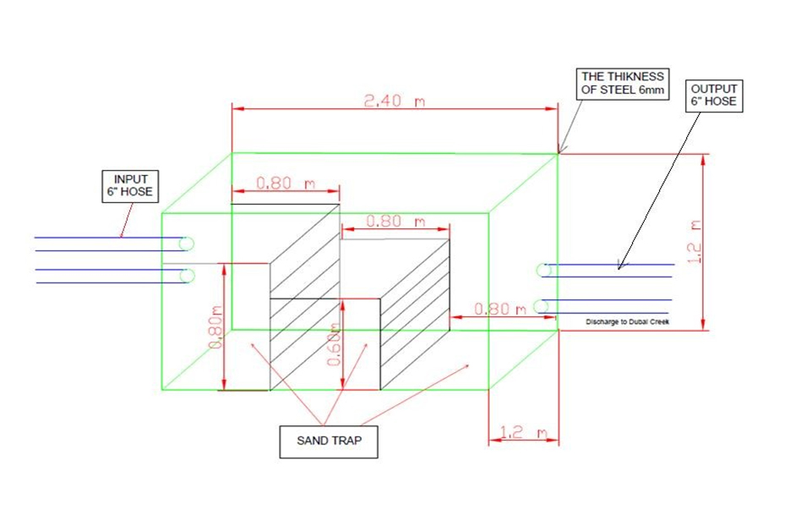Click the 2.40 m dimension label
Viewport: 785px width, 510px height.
pos(394,101)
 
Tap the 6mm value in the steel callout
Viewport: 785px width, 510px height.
pos(651,90)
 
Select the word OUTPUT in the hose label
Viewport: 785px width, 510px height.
pos(714,88)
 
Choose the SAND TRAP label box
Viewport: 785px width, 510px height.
pos(329,441)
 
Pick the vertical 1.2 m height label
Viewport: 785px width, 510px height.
pos(695,241)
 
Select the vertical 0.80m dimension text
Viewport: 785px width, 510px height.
pos(215,329)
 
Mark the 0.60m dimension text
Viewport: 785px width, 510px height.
pos(335,344)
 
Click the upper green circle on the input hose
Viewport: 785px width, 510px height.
pos(187,244)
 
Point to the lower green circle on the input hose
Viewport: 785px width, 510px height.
pos(187,275)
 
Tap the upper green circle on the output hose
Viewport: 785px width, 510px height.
pos(544,270)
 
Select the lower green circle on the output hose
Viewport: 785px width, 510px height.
pos(544,305)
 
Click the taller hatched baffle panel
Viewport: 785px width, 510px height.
pos(304,296)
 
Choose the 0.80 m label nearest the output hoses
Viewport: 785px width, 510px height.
pos(500,309)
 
